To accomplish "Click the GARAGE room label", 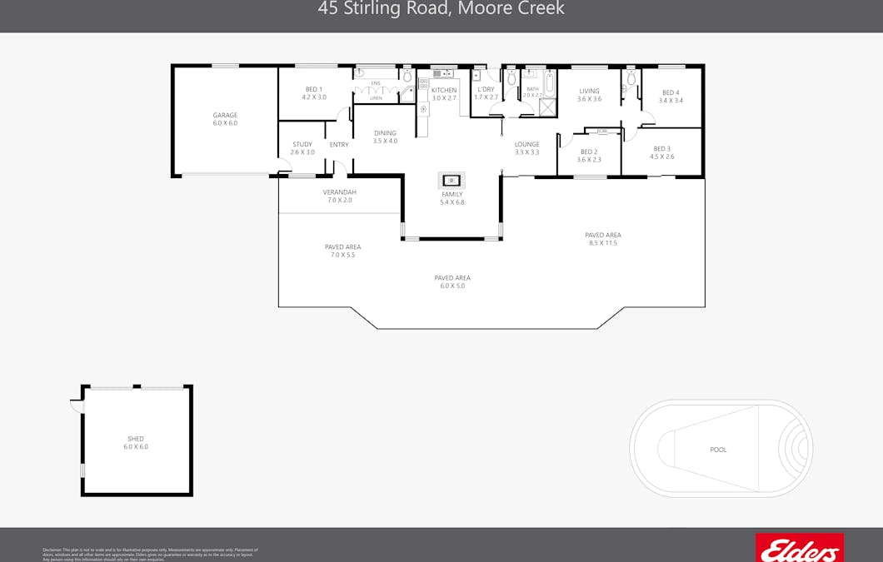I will (225, 116).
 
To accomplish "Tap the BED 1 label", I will (314, 90).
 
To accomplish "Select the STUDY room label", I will (302, 145).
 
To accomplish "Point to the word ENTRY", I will (339, 145).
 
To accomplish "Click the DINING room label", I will (385, 133).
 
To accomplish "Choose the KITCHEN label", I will (444, 90).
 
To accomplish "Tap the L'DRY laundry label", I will (486, 90).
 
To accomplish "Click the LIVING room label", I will (589, 92).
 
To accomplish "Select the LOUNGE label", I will (526, 145).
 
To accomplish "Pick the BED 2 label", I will (589, 152).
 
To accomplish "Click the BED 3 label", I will (661, 149).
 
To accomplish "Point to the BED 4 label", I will (671, 93).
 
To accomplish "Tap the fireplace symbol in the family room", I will (451, 180).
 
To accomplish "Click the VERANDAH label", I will (340, 192).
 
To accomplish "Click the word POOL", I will (718, 450).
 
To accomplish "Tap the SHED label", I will (136, 439).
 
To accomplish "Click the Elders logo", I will (798, 549).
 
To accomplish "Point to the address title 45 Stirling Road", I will (441, 9).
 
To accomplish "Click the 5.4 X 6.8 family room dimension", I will (451, 202).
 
